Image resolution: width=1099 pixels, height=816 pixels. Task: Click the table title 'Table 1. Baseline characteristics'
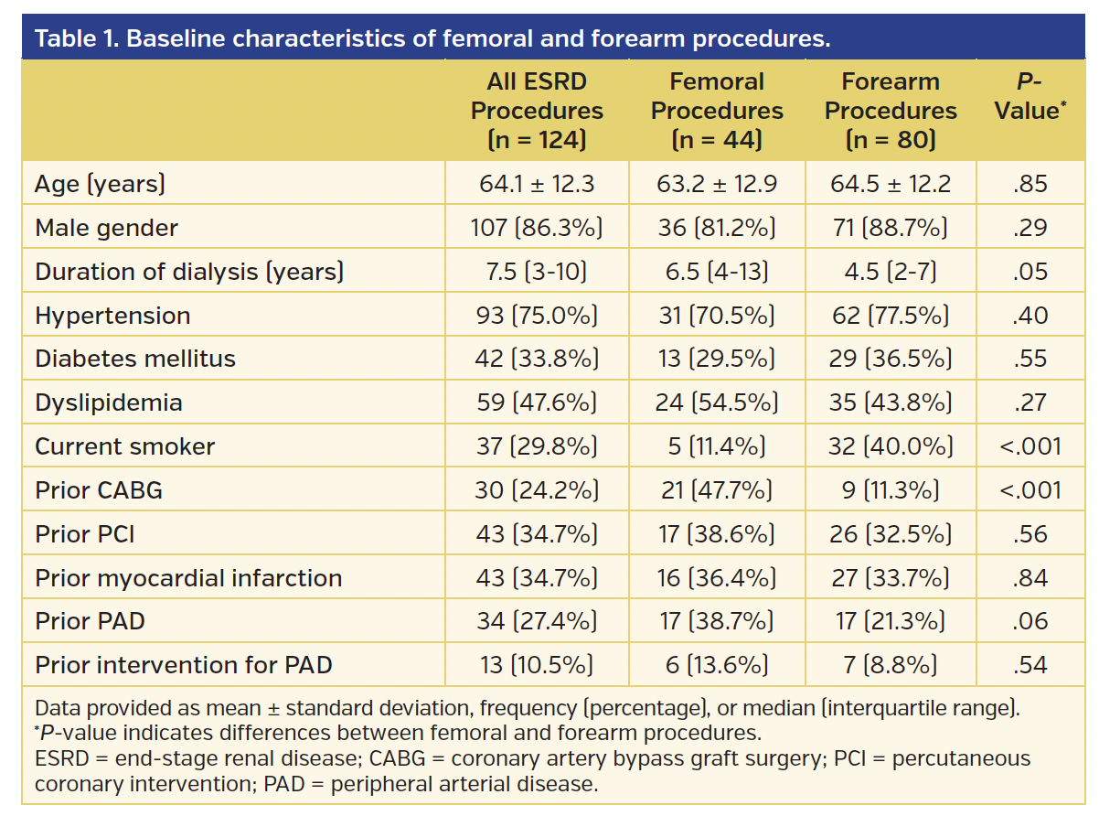pos(432,40)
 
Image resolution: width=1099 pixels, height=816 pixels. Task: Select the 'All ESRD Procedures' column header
pos(537,111)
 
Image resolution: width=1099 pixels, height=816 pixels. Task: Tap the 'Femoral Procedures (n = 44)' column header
pos(717,111)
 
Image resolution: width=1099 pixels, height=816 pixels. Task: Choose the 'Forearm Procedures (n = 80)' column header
pos(891,111)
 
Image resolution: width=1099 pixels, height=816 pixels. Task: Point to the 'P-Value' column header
pos(1030,96)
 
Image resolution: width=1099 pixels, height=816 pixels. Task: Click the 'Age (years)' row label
pos(100,184)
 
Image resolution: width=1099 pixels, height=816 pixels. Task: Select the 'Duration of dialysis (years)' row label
pos(189,272)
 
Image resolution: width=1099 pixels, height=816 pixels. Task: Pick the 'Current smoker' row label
pos(125,446)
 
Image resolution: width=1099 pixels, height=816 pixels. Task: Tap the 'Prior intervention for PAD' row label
pos(183,665)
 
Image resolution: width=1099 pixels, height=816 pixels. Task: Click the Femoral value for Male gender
pos(717,228)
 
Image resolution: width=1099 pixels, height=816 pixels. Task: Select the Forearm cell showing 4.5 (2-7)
pos(891,272)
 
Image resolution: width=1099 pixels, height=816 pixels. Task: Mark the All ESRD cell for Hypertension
pos(537,316)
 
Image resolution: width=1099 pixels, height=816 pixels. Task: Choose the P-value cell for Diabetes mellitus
pos(1030,360)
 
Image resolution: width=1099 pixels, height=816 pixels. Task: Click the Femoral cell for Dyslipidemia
pos(717,403)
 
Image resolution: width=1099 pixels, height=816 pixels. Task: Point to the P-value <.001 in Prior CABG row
pos(1030,490)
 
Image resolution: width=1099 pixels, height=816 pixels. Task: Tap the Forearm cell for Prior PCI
pos(891,534)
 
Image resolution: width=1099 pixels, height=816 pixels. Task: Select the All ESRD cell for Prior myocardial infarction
pos(537,578)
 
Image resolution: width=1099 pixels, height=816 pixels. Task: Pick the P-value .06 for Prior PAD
pos(1030,621)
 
